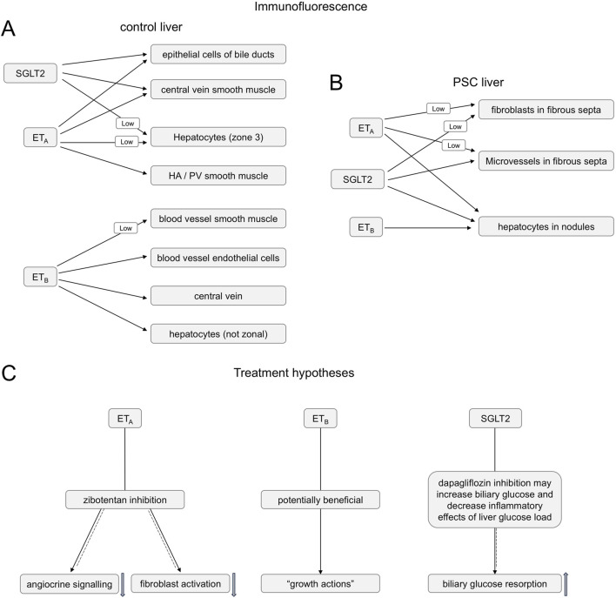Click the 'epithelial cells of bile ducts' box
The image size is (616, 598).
pyautogui.click(x=218, y=54)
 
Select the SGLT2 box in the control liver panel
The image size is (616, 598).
pyautogui.click(x=30, y=73)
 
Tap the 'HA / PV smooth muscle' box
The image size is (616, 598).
pyautogui.click(x=218, y=175)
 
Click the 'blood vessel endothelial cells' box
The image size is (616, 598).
pyautogui.click(x=218, y=258)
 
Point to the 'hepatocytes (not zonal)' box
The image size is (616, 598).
pyautogui.click(x=218, y=333)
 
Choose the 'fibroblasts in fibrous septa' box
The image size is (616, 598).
pyautogui.click(x=546, y=110)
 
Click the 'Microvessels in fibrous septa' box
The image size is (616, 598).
pyautogui.click(x=546, y=161)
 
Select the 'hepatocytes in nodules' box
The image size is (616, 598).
pyautogui.click(x=546, y=226)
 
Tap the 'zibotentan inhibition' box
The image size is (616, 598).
pyautogui.click(x=125, y=500)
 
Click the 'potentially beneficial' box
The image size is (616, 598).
pyautogui.click(x=320, y=500)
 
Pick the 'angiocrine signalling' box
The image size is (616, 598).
pyautogui.click(x=69, y=584)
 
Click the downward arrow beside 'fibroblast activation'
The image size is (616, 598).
pyautogui.click(x=234, y=585)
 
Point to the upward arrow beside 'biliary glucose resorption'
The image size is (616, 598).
pyautogui.click(x=566, y=584)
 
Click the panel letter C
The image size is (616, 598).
pyautogui.click(x=9, y=373)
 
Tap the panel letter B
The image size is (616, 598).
pyautogui.click(x=336, y=83)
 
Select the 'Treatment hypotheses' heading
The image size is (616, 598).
pyautogui.click(x=294, y=373)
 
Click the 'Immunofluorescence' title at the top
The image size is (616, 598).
pyautogui.click(x=311, y=6)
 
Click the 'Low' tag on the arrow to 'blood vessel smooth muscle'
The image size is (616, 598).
pyautogui.click(x=125, y=228)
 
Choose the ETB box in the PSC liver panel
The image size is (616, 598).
pyautogui.click(x=365, y=227)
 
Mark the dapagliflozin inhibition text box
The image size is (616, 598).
pyautogui.click(x=494, y=500)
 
